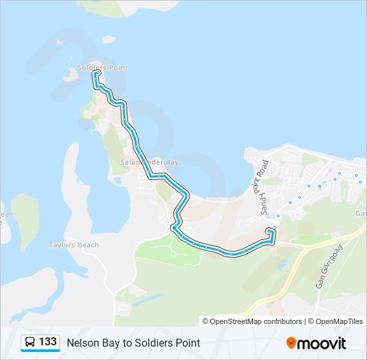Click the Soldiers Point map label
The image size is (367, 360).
click(103, 68)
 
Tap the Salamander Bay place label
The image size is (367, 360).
click(150, 162)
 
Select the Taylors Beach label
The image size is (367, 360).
click(74, 245)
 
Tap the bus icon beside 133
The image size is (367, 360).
click(30, 343)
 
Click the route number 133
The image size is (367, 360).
click(48, 342)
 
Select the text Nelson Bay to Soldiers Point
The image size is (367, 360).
click(133, 343)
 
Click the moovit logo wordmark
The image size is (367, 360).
click(322, 343)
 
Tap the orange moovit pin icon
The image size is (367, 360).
click(291, 343)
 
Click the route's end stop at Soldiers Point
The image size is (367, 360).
click(97, 73)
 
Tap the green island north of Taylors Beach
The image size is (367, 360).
click(25, 217)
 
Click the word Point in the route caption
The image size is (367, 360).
click(187, 343)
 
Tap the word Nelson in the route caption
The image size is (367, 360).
click(81, 343)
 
